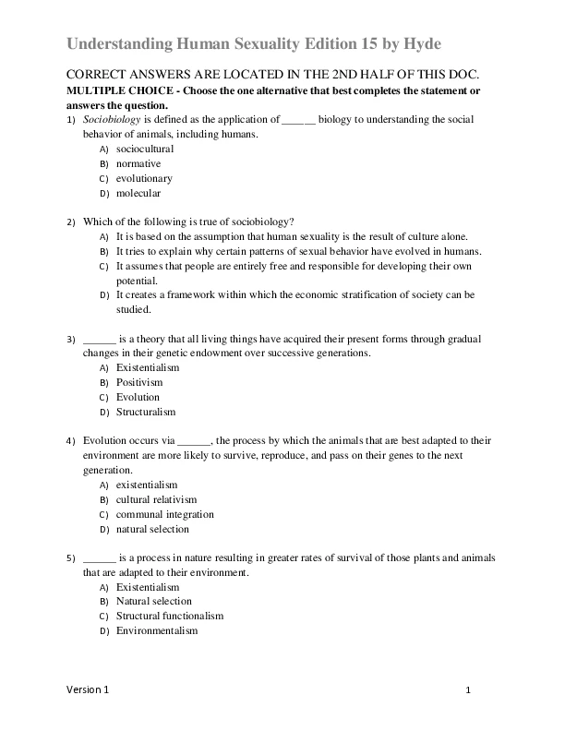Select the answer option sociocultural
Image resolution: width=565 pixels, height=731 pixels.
click(145, 149)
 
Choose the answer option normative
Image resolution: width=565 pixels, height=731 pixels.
click(138, 163)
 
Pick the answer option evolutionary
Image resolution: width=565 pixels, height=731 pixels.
click(144, 178)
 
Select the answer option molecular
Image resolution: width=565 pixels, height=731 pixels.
click(138, 193)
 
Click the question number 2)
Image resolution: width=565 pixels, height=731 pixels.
click(71, 222)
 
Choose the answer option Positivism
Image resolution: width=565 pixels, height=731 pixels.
click(139, 382)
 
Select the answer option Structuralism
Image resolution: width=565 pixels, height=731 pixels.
click(146, 412)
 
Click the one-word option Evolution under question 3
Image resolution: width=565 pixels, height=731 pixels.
click(138, 397)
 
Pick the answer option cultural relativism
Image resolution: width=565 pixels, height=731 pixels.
click(157, 499)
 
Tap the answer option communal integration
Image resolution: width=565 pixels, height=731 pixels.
click(164, 514)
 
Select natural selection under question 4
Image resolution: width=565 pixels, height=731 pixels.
click(152, 529)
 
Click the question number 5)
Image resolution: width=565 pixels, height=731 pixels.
click(71, 557)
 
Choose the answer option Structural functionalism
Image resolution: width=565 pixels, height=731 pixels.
click(170, 616)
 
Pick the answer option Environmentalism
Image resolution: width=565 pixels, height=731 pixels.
click(157, 630)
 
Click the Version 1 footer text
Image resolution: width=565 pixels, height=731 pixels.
click(87, 690)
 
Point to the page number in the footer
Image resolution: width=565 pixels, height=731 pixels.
click(468, 690)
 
